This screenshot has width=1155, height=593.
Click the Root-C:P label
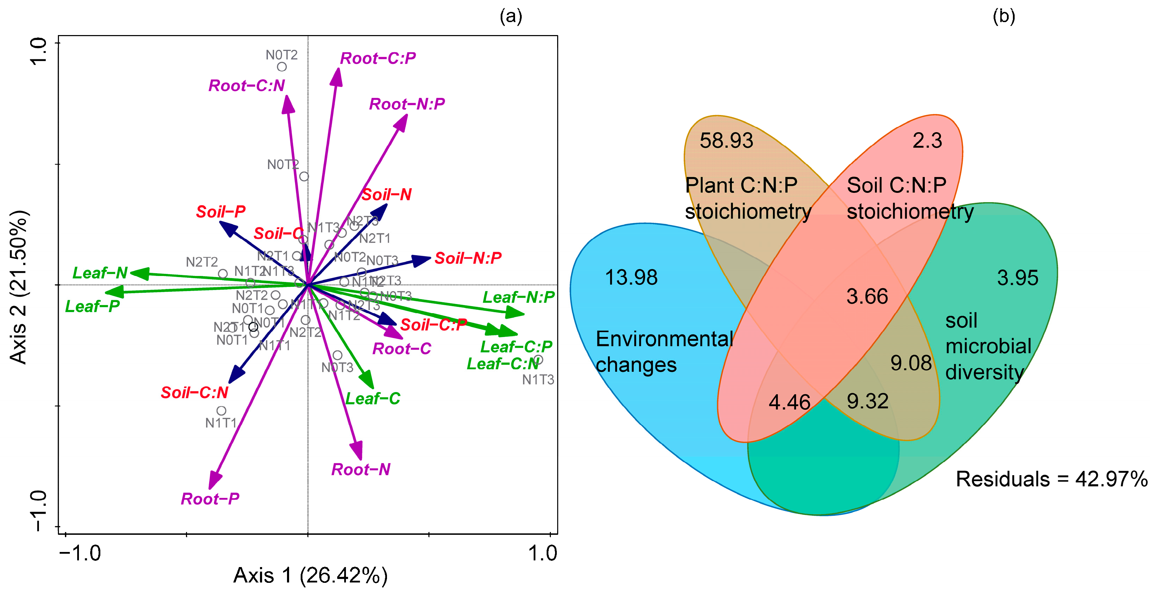click(x=378, y=58)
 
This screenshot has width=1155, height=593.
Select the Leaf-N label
click(x=100, y=272)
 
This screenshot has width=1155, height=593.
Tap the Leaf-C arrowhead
click(x=368, y=381)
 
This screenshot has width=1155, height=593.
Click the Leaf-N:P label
click(x=518, y=297)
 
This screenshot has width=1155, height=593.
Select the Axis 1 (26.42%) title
click(x=310, y=575)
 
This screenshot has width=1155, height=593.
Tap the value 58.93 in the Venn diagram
click(x=726, y=141)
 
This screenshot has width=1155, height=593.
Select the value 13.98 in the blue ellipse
click(x=631, y=277)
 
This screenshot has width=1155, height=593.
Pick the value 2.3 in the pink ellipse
click(x=927, y=141)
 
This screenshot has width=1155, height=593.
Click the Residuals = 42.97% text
click(x=1051, y=479)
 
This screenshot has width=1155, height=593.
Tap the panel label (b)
click(x=1003, y=16)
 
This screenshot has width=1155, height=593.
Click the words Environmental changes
click(x=663, y=352)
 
